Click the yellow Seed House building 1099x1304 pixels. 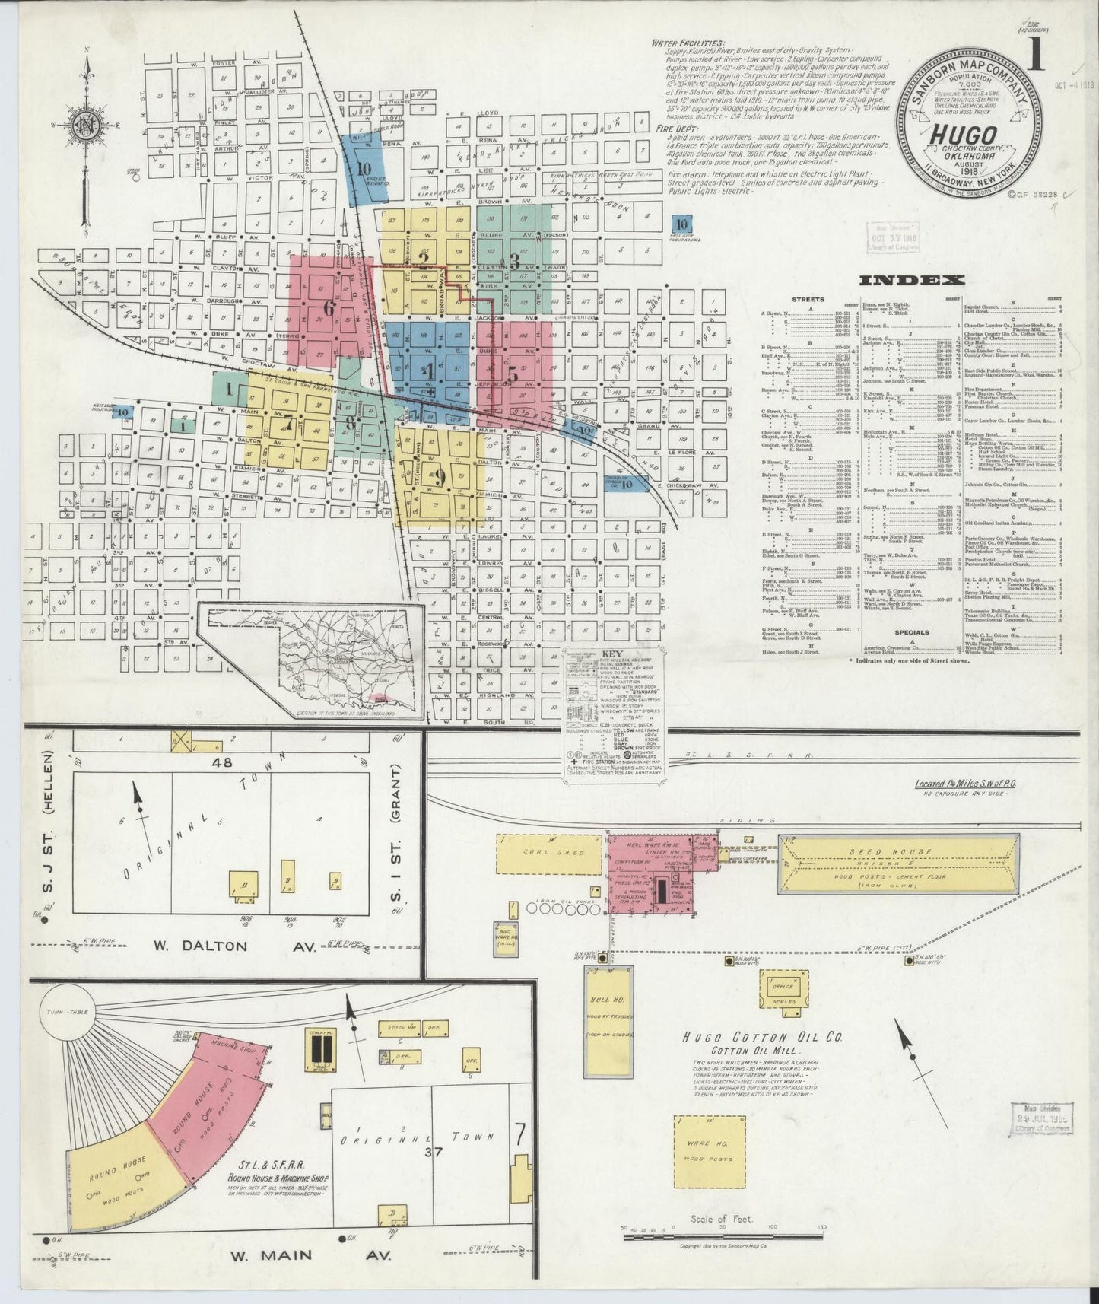898,864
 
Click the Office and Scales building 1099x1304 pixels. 783,993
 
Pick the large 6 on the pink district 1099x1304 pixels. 329,308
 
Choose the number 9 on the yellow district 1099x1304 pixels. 439,476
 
